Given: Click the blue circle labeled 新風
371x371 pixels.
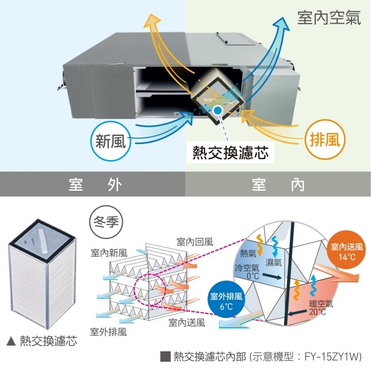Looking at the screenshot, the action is pos(111,141).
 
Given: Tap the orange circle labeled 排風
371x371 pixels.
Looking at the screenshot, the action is pos(325,139).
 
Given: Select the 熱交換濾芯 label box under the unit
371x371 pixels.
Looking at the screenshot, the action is pos(230,152).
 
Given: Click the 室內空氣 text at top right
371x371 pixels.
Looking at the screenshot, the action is pos(329,17).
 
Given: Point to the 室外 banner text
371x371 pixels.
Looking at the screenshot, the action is pos(96,185).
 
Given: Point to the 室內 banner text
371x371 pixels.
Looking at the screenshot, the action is pos(278,185).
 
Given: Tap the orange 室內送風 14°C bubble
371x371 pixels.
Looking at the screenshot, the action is pos(347,252).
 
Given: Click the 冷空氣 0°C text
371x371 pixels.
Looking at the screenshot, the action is pos(247,272).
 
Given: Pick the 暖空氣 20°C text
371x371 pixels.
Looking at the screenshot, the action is pos(321,308).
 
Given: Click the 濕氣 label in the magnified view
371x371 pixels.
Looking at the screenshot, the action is pos(274,262).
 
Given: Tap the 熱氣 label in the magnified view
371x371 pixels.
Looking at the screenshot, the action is pos(248,253).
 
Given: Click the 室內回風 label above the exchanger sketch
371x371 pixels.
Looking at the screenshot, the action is pos(195,242).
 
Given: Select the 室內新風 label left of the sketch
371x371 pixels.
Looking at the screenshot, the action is pos(109,253).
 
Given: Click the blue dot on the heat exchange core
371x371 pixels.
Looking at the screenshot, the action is pos(217,110).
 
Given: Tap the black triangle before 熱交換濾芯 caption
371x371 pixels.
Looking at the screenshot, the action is pos(11,341).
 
